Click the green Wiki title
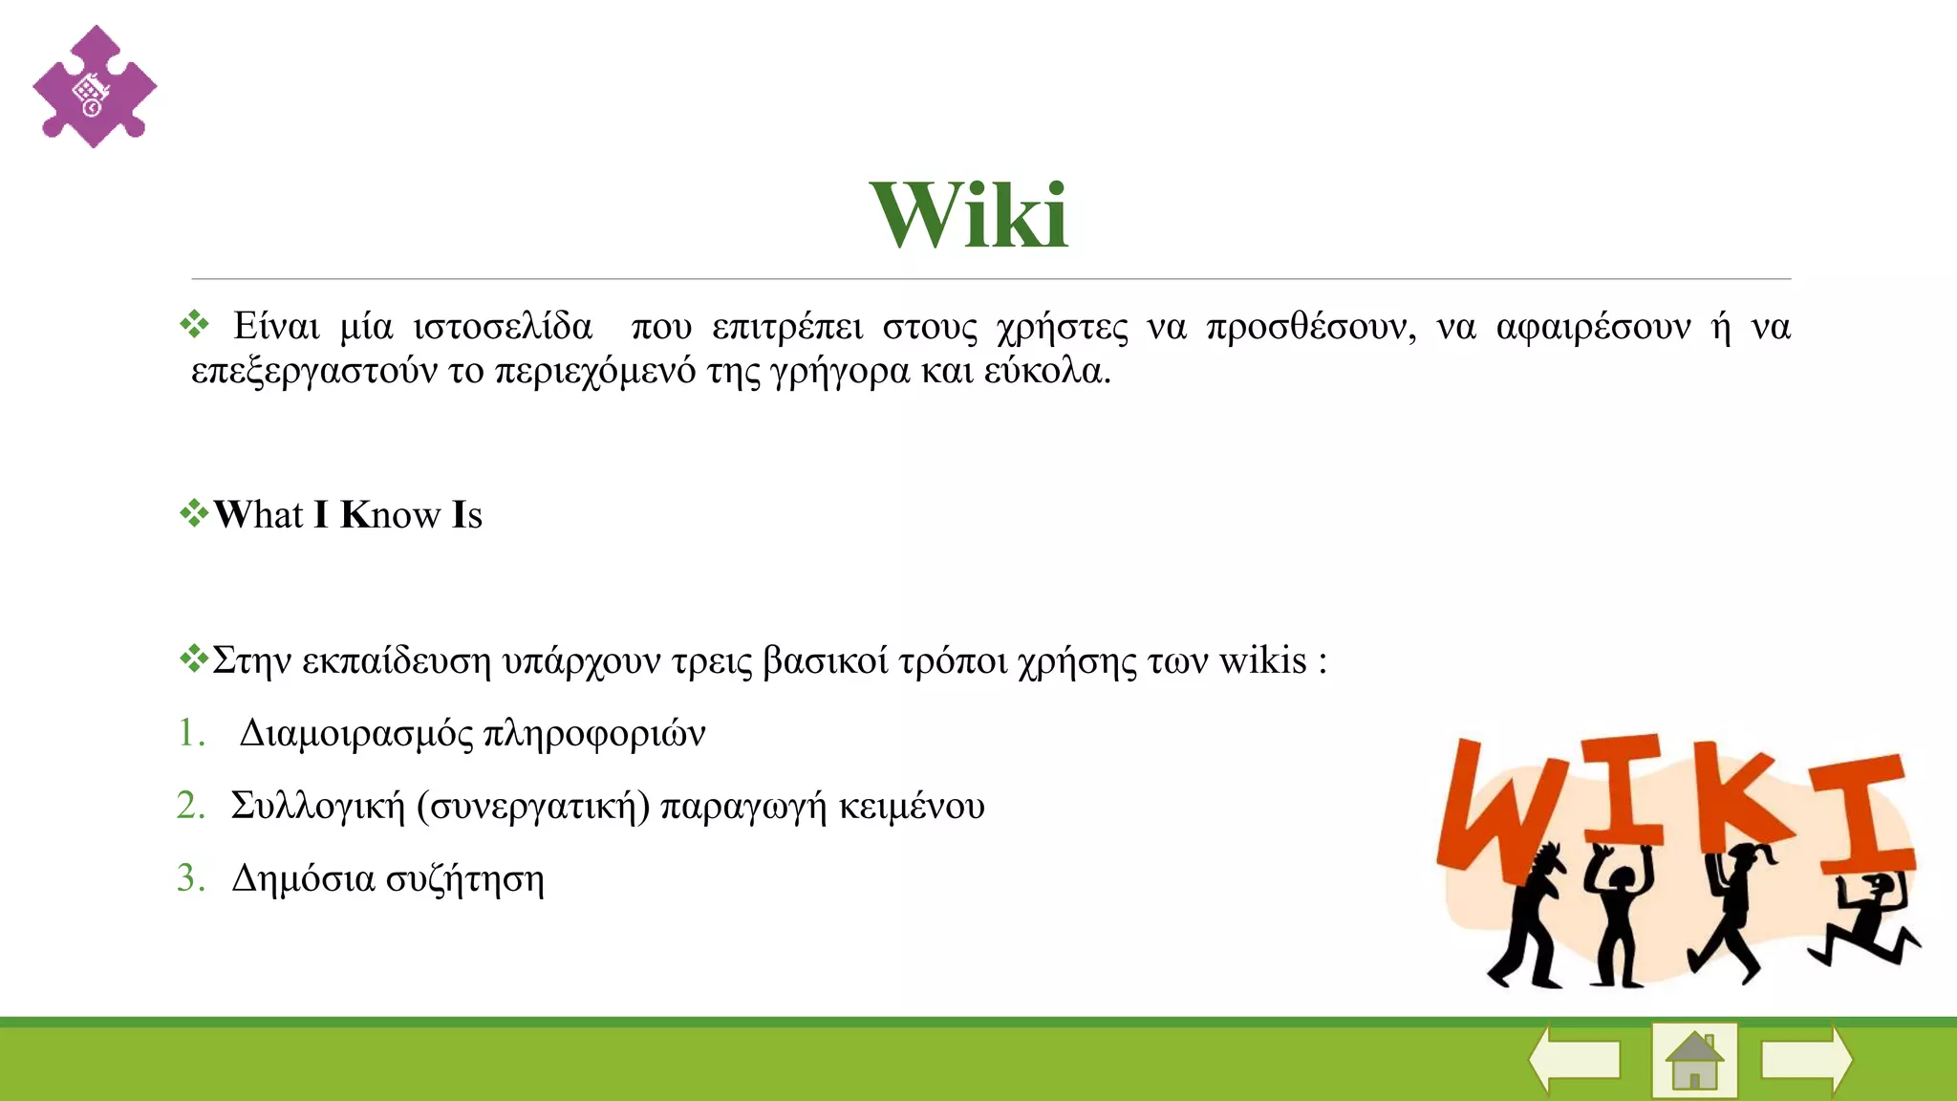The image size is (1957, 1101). pos(969,216)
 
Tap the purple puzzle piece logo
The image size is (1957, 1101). pos(94,87)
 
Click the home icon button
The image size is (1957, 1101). pos(1693,1060)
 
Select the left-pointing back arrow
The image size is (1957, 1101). pos(1575,1059)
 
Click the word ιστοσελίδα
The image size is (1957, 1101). pos(503,327)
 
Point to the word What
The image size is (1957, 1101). pos(258,514)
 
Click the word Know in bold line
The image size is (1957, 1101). pos(390,514)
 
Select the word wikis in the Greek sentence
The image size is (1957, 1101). pos(1262,660)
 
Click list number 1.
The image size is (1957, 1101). pos(191,733)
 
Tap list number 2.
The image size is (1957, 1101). pos(191,806)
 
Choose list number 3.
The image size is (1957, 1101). pos(191,878)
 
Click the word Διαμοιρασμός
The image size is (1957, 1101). pos(355,734)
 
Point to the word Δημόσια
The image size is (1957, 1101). pos(303,878)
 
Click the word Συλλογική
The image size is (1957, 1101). pos(318,807)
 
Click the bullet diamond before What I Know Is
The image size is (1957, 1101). pos(194,513)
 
